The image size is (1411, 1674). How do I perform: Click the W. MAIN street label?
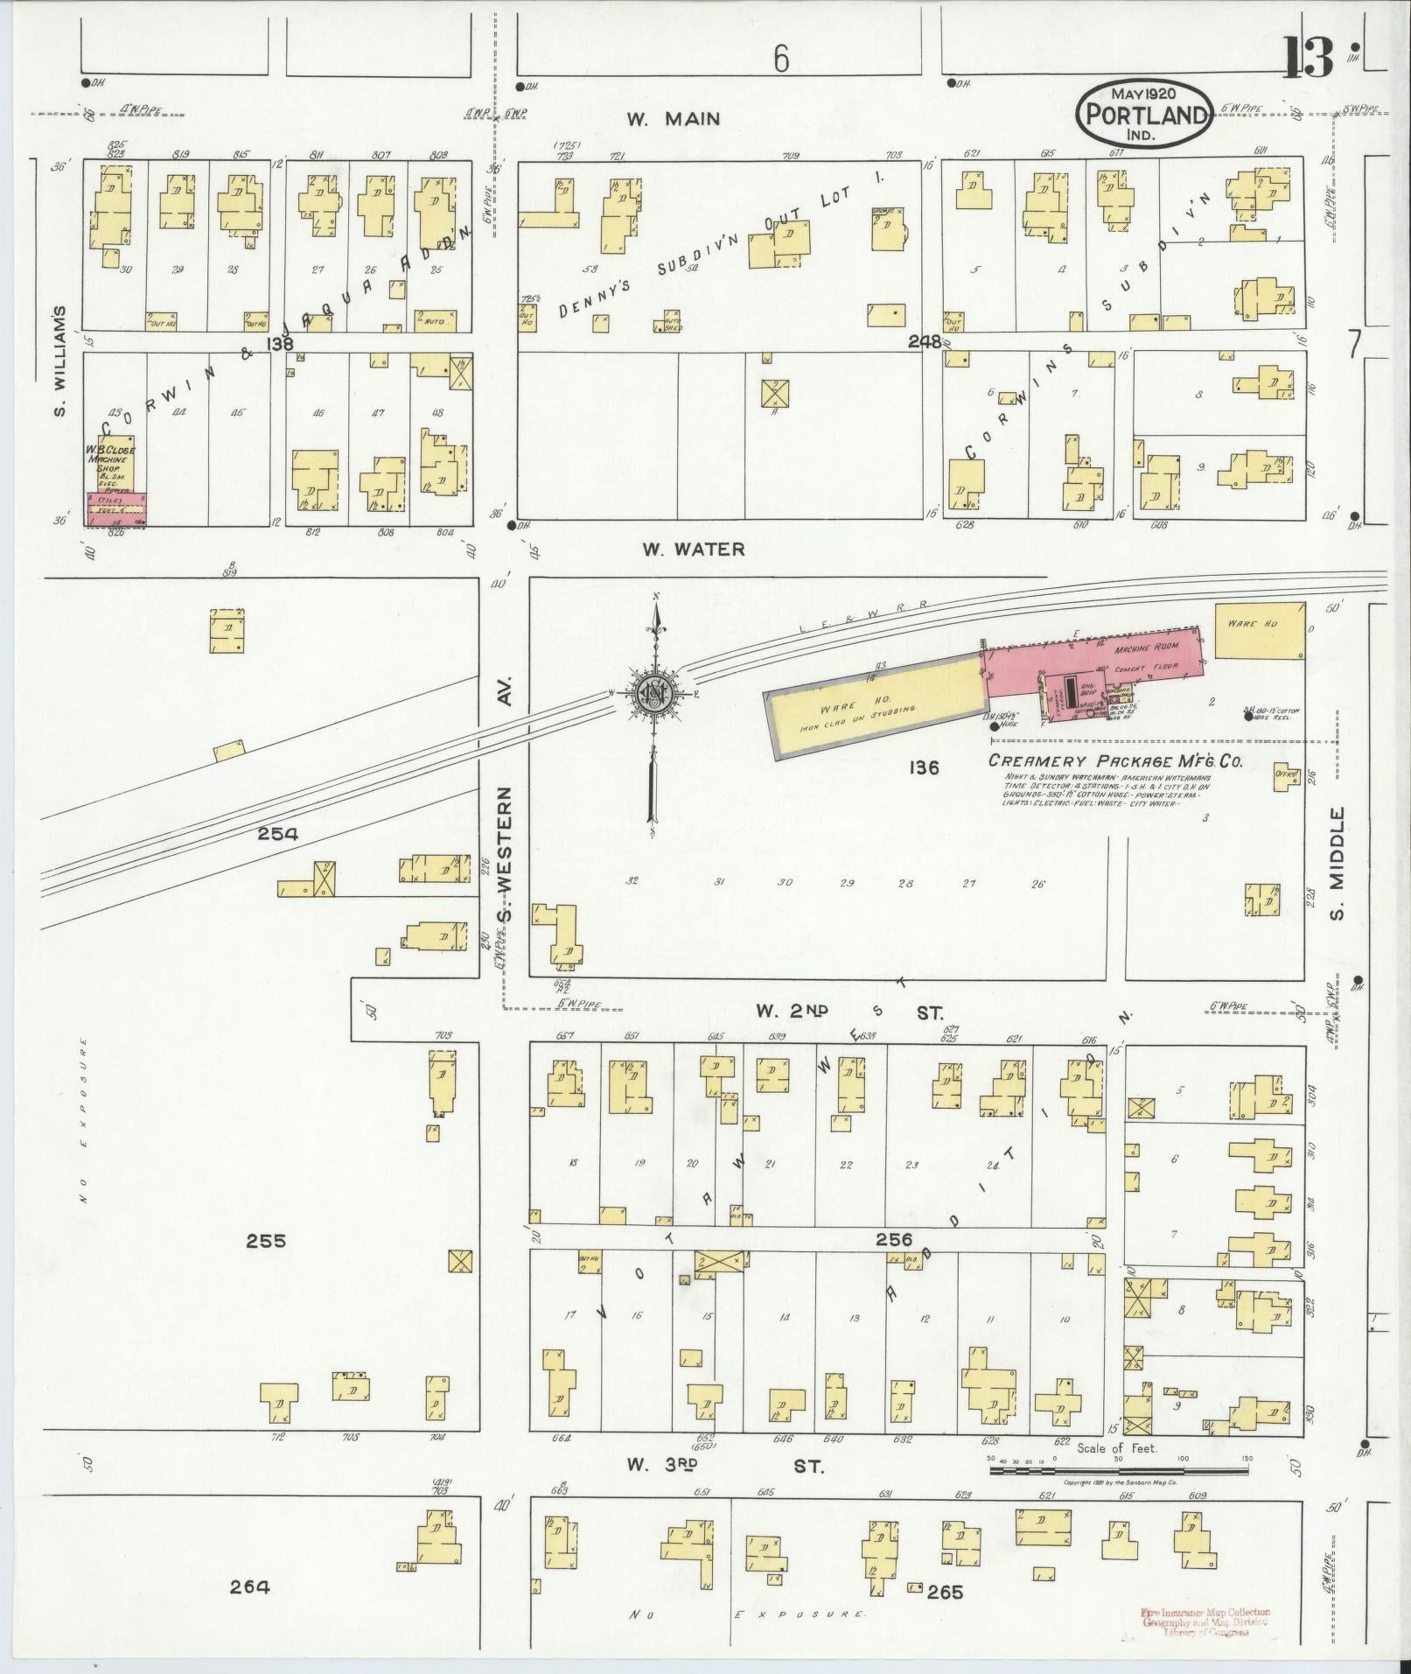pos(673,119)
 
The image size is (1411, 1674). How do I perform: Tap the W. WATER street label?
pos(694,550)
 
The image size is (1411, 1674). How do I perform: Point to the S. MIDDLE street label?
pos(1338,864)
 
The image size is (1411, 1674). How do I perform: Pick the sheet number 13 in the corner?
pos(1310,57)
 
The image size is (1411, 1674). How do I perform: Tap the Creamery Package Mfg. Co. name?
pos(1114,760)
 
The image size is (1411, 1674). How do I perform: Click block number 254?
pos(277,834)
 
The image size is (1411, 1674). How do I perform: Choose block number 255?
pos(266,1241)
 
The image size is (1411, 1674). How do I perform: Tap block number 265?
pos(945,1592)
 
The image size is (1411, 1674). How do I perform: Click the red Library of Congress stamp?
pos(1206,1621)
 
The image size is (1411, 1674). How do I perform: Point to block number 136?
pos(924,767)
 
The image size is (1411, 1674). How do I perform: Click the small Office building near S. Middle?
pos(1286,776)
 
